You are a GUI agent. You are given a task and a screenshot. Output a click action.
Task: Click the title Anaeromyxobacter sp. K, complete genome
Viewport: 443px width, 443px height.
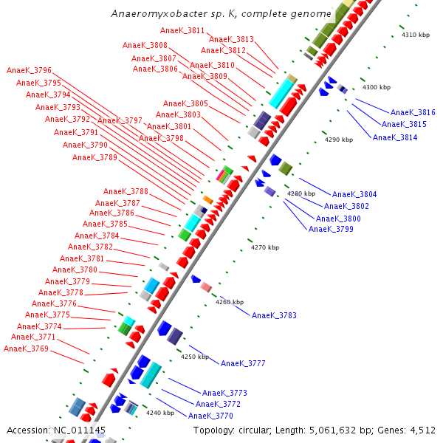[x=221, y=14]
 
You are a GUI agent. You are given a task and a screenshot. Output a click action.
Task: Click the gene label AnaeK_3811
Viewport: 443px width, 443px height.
[x=182, y=30]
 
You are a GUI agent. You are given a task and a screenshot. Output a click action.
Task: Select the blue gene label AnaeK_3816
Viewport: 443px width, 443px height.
[x=413, y=112]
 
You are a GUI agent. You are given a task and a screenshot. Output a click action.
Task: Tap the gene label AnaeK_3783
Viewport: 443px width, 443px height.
[x=274, y=315]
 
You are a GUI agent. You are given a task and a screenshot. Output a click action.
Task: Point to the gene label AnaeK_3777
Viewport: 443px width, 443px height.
[x=243, y=363]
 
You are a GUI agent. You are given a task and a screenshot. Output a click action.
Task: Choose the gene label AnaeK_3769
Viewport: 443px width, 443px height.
[x=26, y=348]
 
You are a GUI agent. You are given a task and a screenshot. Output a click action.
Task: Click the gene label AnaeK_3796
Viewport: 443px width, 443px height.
[x=29, y=71]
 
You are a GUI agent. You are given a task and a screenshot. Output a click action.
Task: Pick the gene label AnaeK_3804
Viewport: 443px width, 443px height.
[x=354, y=194]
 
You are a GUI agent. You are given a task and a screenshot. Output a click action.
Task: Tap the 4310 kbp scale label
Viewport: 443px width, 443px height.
[x=415, y=35]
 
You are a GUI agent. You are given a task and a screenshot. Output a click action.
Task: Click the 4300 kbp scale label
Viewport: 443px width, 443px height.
[x=376, y=88]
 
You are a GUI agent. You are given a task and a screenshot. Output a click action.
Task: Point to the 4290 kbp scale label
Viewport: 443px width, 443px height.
[x=340, y=140]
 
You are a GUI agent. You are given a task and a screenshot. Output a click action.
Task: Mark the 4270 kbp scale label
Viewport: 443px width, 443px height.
[x=265, y=247]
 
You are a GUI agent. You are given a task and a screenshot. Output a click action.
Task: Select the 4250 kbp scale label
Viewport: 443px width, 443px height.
[x=195, y=357]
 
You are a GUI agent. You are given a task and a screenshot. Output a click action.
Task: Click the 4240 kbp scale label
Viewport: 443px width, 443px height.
[x=159, y=413]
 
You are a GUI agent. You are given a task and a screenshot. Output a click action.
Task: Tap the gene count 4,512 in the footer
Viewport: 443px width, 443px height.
[x=422, y=430]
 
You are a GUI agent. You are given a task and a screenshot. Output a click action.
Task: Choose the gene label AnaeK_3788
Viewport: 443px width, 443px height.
[x=126, y=191]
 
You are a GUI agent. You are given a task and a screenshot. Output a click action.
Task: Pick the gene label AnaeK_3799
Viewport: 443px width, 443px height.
[x=331, y=229]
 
